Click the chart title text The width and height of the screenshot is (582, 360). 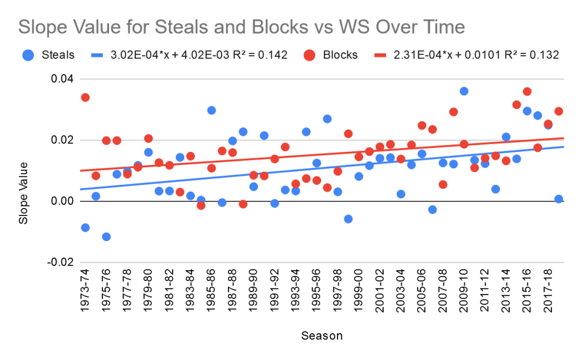point(242,27)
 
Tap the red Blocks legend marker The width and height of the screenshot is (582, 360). point(309,55)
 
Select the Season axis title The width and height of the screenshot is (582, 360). point(322,336)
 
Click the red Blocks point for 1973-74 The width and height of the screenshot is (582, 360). point(85,97)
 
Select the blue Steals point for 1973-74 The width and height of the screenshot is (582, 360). point(85,227)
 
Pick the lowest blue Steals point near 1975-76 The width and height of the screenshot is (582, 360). point(106,237)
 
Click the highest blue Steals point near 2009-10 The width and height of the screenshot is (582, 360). point(464,91)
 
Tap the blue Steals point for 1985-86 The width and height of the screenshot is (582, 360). point(211,110)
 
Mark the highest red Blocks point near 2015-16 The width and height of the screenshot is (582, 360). point(527,92)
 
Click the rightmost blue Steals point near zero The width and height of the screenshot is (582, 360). point(559,199)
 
